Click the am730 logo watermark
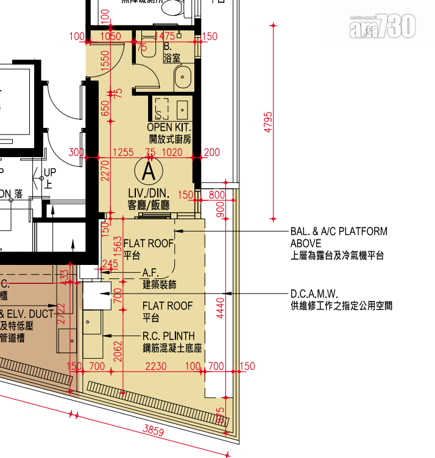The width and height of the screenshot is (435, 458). point(383,26)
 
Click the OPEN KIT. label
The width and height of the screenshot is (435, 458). point(169,127)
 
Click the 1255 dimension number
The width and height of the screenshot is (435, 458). point(124,152)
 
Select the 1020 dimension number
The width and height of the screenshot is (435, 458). point(175,152)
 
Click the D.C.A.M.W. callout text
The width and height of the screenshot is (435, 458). point(314,293)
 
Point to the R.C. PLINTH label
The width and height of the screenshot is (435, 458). point(169,336)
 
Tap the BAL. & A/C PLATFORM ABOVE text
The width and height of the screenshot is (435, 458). point(339,237)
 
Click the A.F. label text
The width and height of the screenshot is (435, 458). point(150,272)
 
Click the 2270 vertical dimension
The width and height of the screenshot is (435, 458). point(105,172)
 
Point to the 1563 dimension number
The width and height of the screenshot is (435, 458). point(118,248)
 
